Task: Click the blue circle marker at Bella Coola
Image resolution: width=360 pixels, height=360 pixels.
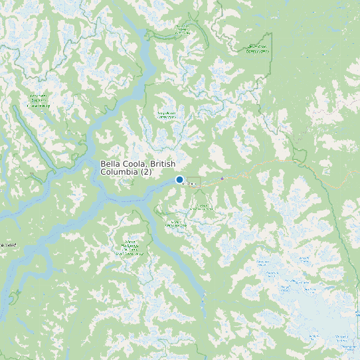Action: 179,179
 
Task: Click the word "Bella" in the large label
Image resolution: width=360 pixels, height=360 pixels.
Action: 111,164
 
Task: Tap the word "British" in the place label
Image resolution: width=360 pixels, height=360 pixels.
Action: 163,164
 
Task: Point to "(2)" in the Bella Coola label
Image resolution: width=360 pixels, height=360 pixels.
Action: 146,172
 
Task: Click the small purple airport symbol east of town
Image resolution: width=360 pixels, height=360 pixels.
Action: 222,178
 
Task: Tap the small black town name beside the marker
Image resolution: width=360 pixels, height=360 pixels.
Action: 189,184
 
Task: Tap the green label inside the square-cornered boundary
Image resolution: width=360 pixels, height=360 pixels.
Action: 257,48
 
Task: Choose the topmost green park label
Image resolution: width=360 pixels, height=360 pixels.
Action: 182,29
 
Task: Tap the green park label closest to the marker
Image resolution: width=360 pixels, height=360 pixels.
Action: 200,206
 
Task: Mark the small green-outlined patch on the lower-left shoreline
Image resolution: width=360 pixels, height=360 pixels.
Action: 15,295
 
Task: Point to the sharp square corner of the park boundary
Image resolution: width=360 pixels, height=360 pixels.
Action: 271,33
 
